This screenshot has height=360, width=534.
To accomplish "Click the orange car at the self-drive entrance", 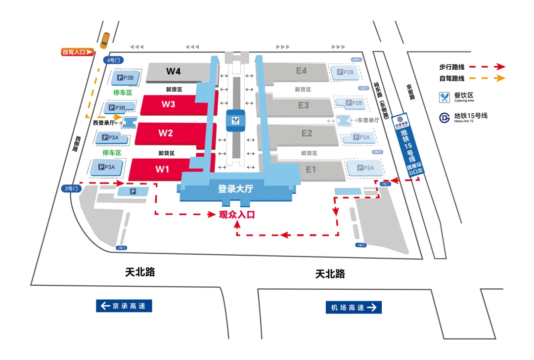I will [x=104, y=41].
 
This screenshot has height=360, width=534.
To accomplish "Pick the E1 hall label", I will [x=311, y=170].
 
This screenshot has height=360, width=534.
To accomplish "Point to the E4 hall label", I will [x=302, y=71].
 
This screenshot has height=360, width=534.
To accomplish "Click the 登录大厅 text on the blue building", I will [x=235, y=188].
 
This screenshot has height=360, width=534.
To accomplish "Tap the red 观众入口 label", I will [x=236, y=215].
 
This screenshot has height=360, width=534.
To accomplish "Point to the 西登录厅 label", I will [x=103, y=123].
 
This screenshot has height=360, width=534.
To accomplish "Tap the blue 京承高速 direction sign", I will [x=124, y=306].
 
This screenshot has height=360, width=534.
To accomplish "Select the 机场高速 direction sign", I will [x=353, y=308].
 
